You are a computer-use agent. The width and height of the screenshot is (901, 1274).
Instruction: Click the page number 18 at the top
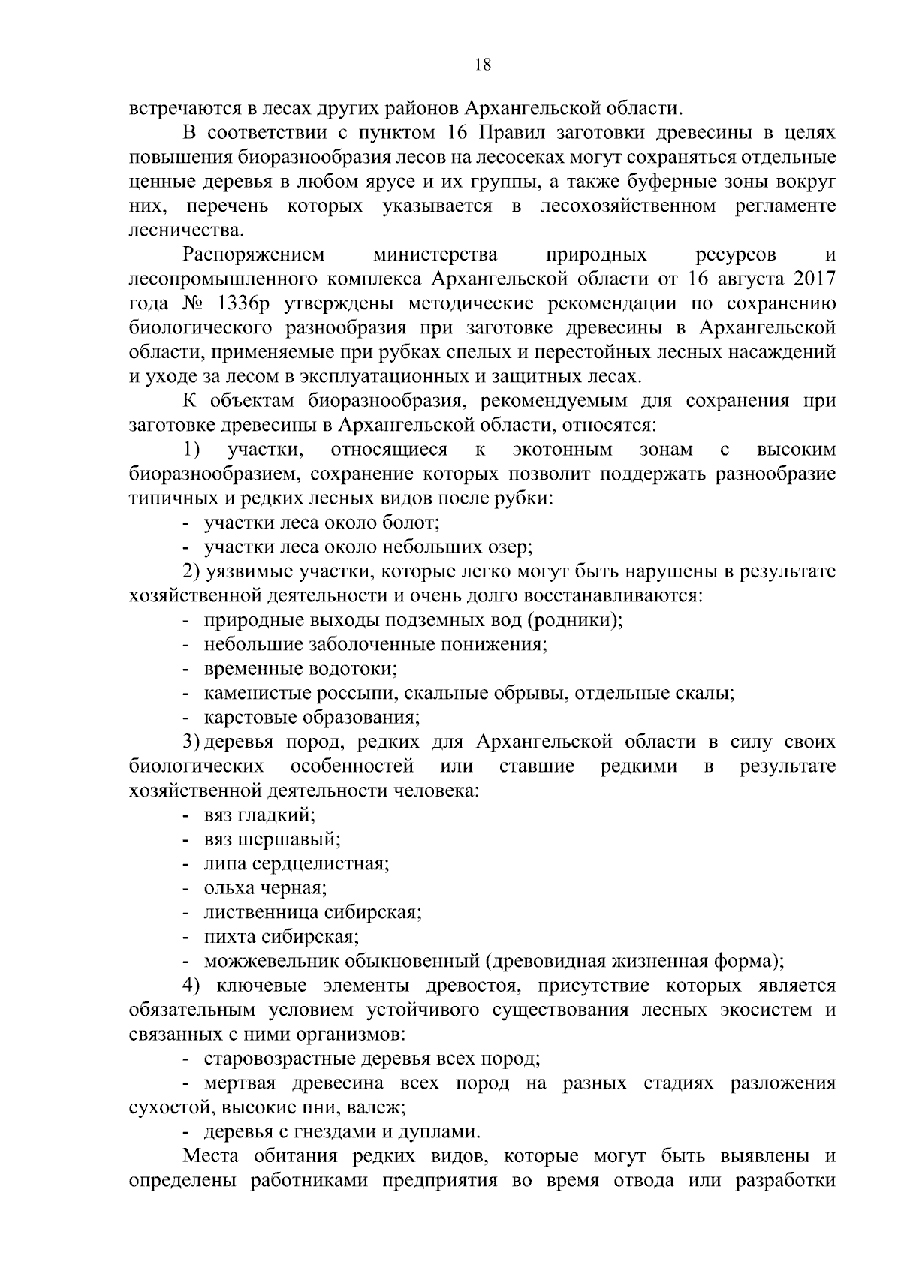click(483, 65)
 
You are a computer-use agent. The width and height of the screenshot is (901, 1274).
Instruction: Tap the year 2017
click(812, 279)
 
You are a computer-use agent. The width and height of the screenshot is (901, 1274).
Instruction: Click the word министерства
click(435, 254)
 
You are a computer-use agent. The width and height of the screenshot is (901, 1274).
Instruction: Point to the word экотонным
click(562, 450)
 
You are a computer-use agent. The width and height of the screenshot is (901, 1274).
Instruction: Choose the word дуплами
click(444, 1131)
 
